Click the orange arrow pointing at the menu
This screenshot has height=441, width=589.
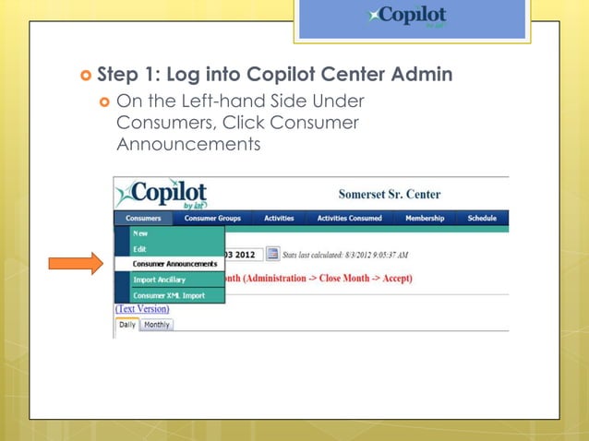point(76,264)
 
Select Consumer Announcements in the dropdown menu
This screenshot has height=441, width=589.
point(174,264)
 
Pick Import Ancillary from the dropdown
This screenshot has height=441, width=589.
point(159,280)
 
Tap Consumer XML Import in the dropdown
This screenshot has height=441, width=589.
point(168,295)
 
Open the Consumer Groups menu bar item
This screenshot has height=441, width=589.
point(212,219)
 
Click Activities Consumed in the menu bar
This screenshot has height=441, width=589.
point(349,219)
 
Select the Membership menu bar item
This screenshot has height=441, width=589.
point(425,219)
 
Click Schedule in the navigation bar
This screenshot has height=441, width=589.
point(481,219)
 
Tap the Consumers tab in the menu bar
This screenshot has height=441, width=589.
point(143,219)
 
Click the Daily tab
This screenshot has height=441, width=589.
point(127,325)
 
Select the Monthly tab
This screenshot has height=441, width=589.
point(157,325)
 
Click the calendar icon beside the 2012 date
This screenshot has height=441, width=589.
point(272,254)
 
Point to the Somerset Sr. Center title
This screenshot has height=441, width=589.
point(390,195)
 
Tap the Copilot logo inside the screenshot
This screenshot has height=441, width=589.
point(162,194)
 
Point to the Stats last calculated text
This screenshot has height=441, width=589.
point(347,255)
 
